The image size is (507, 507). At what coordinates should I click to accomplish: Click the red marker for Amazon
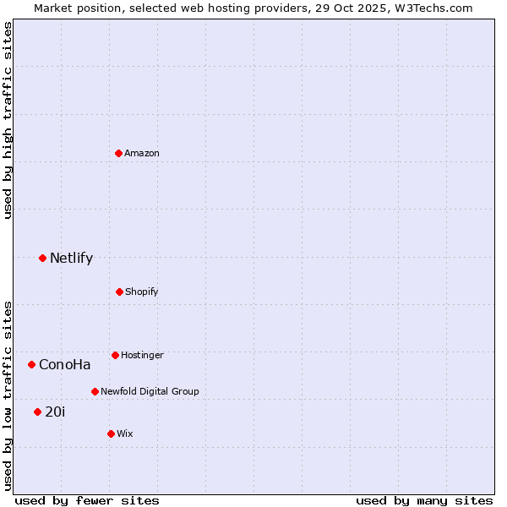(119, 153)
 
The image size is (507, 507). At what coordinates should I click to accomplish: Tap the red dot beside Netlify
(42, 258)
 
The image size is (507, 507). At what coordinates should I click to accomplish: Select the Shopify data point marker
(119, 292)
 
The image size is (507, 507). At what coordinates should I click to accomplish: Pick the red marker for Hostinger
(115, 355)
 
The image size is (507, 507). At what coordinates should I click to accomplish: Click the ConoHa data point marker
(32, 364)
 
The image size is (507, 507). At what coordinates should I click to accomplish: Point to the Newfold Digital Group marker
(95, 391)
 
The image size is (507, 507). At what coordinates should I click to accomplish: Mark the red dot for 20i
(37, 412)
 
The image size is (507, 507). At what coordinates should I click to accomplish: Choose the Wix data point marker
(111, 433)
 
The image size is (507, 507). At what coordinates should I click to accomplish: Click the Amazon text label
(142, 153)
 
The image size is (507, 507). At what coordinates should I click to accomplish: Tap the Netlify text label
(71, 259)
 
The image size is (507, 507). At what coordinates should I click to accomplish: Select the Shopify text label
(142, 292)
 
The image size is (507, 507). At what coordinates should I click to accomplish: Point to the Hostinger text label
(142, 355)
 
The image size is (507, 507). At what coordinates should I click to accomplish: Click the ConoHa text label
(65, 365)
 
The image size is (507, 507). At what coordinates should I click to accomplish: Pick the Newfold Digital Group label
(150, 391)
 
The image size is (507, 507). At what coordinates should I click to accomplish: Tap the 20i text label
(55, 412)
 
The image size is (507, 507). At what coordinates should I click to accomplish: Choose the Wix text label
(125, 433)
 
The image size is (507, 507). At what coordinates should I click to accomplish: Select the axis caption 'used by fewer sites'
(87, 500)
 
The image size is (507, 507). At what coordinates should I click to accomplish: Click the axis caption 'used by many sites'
(424, 500)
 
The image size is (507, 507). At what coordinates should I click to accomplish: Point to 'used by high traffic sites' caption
(8, 121)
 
